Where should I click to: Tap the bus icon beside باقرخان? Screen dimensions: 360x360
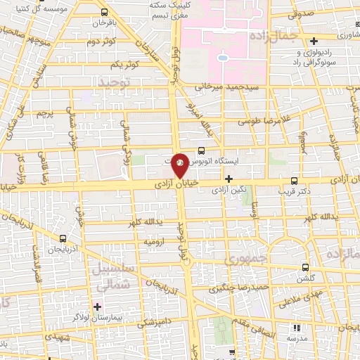[105, 12]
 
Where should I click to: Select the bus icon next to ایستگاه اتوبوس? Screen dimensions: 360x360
[202, 150]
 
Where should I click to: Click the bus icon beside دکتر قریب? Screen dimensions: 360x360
[293, 179]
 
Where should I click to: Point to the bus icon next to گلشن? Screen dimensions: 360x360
[304, 267]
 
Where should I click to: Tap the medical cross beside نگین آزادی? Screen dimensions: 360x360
[229, 179]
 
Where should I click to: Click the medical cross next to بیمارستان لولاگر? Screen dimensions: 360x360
[96, 307]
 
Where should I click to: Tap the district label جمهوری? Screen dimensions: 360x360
[242, 260]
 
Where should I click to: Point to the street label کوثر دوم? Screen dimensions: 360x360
[101, 42]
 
